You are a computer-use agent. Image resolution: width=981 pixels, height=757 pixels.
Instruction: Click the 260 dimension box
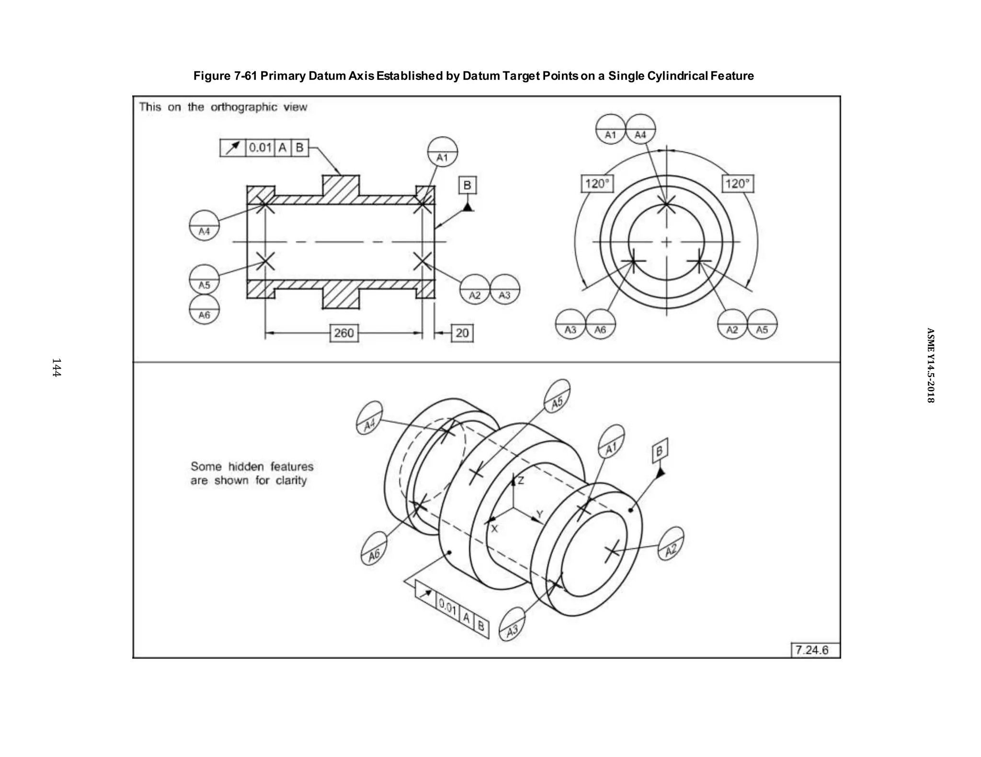click(344, 333)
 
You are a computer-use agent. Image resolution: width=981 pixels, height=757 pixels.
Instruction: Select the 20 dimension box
click(462, 333)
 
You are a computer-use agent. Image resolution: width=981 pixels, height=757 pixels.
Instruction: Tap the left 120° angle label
click(597, 184)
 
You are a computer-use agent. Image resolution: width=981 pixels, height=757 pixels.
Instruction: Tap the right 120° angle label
click(737, 184)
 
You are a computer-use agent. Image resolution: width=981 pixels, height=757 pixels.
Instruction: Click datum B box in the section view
click(468, 185)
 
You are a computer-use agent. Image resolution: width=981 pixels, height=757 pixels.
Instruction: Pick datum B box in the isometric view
click(660, 451)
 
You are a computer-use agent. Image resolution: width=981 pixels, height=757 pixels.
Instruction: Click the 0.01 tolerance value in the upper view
click(260, 147)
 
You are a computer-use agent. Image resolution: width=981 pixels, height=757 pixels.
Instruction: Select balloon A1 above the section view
click(442, 152)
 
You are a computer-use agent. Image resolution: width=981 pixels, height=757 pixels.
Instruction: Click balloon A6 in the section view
click(205, 310)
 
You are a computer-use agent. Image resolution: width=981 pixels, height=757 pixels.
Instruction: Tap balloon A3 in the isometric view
click(512, 625)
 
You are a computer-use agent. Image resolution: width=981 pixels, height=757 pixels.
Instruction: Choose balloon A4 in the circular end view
click(640, 129)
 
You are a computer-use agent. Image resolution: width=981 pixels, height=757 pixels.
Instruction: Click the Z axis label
click(521, 480)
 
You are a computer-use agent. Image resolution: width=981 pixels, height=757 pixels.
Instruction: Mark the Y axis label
click(539, 514)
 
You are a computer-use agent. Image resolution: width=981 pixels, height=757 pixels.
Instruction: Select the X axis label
click(495, 529)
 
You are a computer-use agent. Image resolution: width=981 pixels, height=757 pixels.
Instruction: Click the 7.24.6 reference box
click(812, 650)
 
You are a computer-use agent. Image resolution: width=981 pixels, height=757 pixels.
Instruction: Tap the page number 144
click(56, 367)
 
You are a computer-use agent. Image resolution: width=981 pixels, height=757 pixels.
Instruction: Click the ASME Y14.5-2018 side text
click(930, 365)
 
